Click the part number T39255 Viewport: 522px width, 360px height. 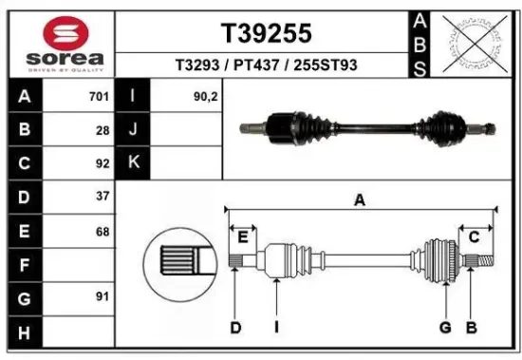tap(266, 33)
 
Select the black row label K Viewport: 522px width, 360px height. tap(133, 162)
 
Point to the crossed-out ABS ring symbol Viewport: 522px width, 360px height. tap(472, 42)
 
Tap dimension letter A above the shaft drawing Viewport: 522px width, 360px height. tap(360, 199)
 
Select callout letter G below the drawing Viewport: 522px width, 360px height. tap(444, 328)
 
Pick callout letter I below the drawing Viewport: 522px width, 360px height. tap(276, 328)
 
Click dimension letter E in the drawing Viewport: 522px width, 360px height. tap(242, 237)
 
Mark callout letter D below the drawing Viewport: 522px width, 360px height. tap(235, 328)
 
